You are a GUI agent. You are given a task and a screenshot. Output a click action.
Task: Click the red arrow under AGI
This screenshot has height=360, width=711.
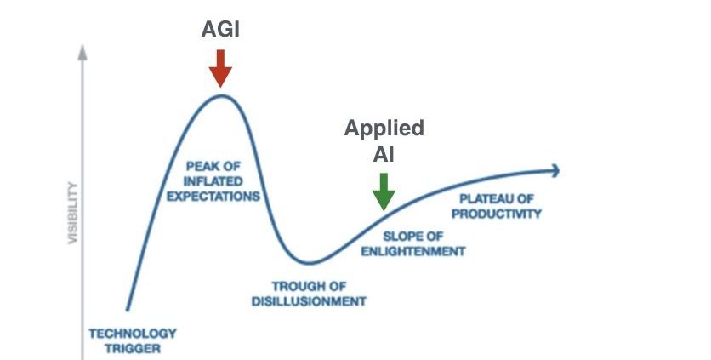point(220,68)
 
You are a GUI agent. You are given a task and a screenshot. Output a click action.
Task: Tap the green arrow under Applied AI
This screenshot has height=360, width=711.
point(384,191)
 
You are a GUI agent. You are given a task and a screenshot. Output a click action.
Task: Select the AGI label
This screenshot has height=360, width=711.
point(220,30)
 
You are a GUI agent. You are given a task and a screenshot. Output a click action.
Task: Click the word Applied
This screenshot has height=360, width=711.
point(384,129)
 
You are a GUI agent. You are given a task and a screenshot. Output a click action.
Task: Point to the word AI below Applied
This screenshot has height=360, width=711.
point(384,154)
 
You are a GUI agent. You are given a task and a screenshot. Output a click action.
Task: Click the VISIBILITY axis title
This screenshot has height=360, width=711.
point(72,213)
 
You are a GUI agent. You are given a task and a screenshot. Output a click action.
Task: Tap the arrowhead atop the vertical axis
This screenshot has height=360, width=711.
point(82,52)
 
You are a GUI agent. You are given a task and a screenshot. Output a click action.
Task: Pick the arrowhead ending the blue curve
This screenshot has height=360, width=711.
point(555,171)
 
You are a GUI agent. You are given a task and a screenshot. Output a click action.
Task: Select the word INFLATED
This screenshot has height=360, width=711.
point(213,181)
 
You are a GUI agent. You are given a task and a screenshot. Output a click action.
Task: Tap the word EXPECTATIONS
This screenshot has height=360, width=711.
point(213,197)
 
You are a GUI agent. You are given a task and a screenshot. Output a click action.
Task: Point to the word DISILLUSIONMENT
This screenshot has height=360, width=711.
point(309,301)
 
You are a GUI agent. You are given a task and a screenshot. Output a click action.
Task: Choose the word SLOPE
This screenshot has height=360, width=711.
point(401,237)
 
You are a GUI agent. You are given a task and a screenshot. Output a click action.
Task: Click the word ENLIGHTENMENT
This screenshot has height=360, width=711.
point(413,251)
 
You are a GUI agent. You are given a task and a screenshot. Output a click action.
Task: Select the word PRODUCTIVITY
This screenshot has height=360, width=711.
point(497,214)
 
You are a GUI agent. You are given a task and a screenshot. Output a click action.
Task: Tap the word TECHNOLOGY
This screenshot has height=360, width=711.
point(133,334)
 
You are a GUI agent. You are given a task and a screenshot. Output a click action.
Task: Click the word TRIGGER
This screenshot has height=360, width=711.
point(133,349)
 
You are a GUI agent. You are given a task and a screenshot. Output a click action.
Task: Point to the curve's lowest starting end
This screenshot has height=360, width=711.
point(128,310)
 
